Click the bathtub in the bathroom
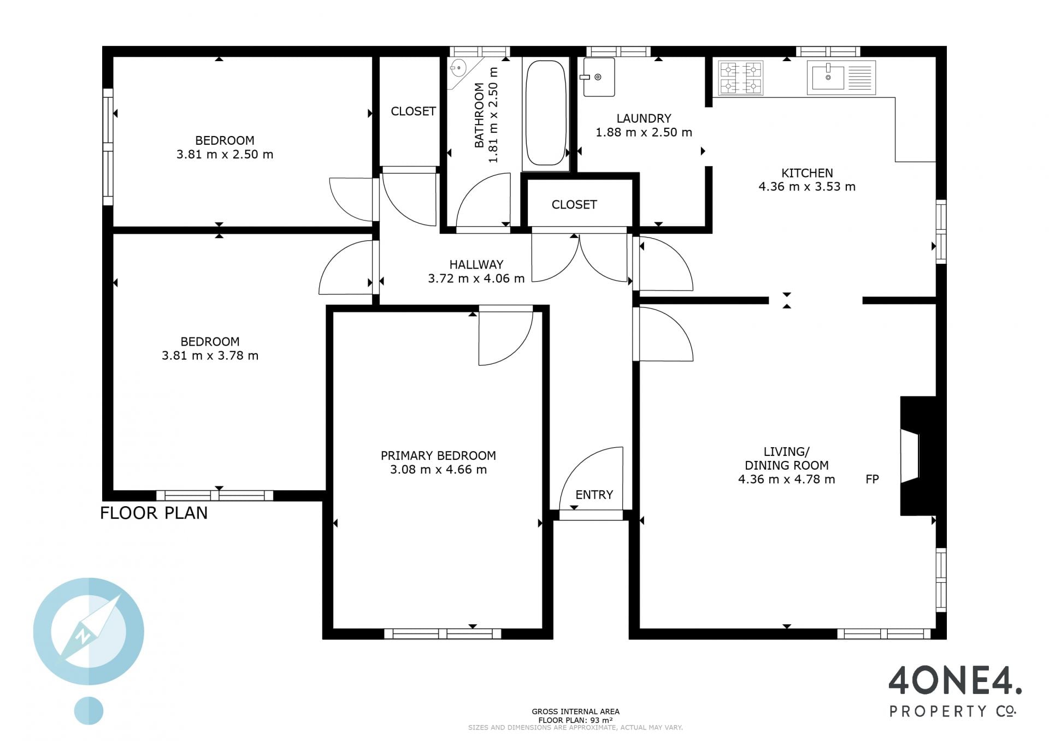pyautogui.click(x=545, y=112)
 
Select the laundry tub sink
pyautogui.click(x=598, y=77)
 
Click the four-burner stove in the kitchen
pyautogui.click(x=741, y=78)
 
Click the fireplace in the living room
pyautogui.click(x=918, y=456)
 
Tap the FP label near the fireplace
pyautogui.click(x=872, y=479)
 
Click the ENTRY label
pyautogui.click(x=594, y=495)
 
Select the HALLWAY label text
pyautogui.click(x=476, y=265)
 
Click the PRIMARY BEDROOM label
pyautogui.click(x=438, y=455)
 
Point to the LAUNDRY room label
pyautogui.click(x=644, y=118)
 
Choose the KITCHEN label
pyautogui.click(x=807, y=173)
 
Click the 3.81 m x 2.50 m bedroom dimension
pyautogui.click(x=225, y=155)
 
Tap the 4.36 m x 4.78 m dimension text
pyautogui.click(x=786, y=480)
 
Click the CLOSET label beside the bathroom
pyautogui.click(x=413, y=111)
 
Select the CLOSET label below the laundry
pyautogui.click(x=574, y=205)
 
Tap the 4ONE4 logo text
pyautogui.click(x=954, y=680)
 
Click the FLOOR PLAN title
pyautogui.click(x=154, y=513)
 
